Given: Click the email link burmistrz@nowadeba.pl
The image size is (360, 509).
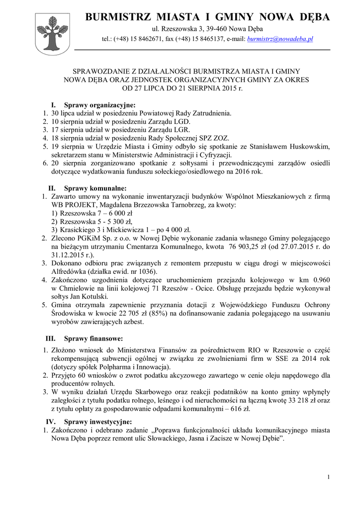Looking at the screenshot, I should [x=279, y=38].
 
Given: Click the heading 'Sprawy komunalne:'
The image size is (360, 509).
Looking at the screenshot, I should [x=95, y=188].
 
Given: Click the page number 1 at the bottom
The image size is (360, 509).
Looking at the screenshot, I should [x=329, y=478].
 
